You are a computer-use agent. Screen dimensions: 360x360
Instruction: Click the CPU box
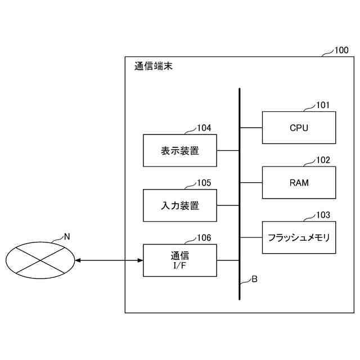click(x=299, y=128)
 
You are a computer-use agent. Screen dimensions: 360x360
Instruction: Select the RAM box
click(x=299, y=182)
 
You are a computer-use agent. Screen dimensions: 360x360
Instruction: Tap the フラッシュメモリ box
click(x=299, y=237)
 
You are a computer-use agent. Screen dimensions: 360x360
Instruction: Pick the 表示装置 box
click(x=180, y=150)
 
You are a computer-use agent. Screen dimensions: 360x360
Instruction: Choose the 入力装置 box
click(x=180, y=205)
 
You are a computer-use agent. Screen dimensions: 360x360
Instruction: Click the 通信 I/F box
click(x=180, y=260)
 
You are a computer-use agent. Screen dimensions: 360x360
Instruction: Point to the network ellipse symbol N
click(x=40, y=260)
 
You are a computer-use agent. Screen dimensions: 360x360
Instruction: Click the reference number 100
click(x=341, y=50)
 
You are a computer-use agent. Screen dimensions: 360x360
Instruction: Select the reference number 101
click(x=323, y=105)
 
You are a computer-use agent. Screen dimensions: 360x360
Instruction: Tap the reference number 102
click(x=323, y=160)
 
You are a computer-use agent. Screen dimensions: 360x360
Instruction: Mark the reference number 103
click(x=323, y=215)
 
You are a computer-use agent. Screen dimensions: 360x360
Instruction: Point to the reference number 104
click(x=204, y=128)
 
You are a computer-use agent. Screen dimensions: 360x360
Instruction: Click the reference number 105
click(x=204, y=183)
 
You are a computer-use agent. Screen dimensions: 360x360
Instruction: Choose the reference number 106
click(x=204, y=238)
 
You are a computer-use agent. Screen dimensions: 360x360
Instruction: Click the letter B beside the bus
click(x=254, y=278)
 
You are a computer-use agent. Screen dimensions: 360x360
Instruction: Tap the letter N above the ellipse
click(x=66, y=236)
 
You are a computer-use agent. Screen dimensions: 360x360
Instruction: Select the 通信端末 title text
click(x=154, y=66)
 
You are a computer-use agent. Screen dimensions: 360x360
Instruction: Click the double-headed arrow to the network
click(x=109, y=260)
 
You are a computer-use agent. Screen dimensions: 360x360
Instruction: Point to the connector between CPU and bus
click(x=251, y=128)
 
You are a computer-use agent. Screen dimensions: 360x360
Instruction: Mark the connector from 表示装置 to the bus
click(x=228, y=150)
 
